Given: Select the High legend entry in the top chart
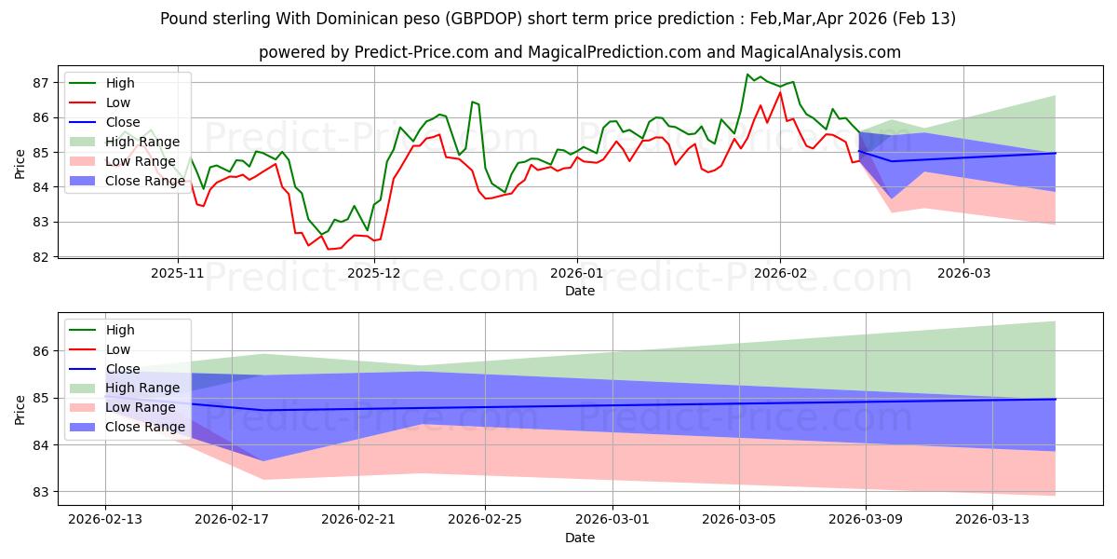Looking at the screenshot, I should (x=120, y=83).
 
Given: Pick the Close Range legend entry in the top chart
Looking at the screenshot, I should (x=146, y=181).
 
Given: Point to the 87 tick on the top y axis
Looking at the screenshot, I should (x=40, y=83).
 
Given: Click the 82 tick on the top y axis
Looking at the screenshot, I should (x=40, y=257).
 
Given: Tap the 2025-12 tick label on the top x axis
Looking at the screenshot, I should (x=373, y=274).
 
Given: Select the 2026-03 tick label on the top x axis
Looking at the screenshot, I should (x=963, y=274).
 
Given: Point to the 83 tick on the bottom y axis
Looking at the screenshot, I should (x=40, y=492).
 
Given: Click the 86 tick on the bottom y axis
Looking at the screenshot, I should (x=40, y=351).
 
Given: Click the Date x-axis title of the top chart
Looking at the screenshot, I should (x=580, y=291).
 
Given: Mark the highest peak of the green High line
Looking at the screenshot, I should (x=747, y=75).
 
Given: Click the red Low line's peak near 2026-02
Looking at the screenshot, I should (x=780, y=92).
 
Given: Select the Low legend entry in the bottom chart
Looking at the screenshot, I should (x=118, y=349).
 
